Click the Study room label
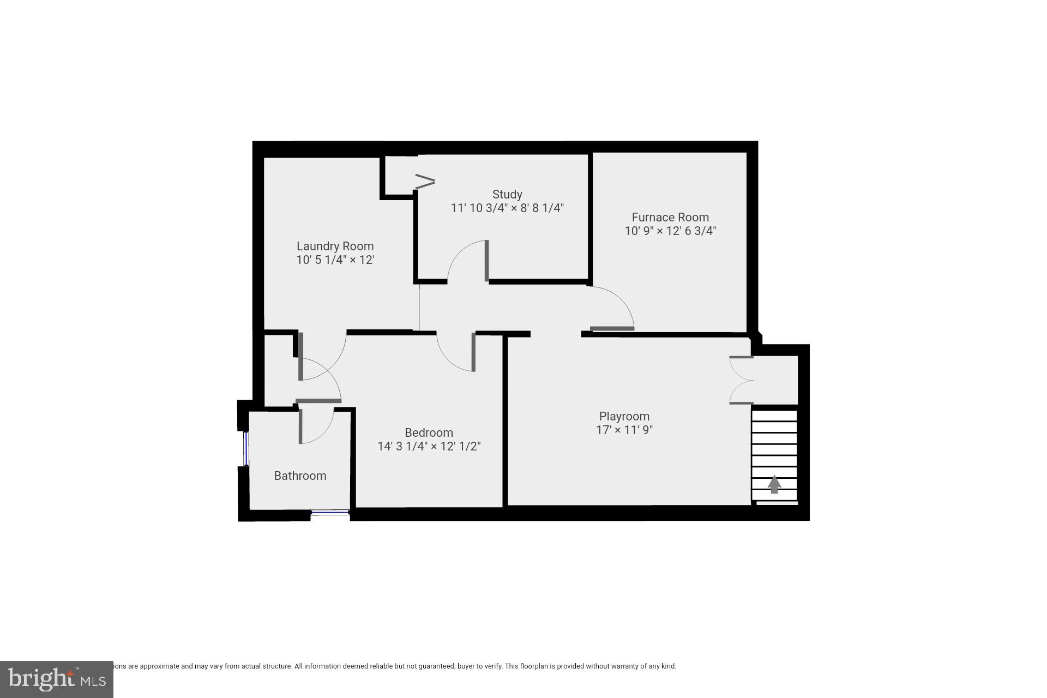click(x=507, y=194)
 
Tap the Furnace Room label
click(x=670, y=217)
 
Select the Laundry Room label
click(x=335, y=246)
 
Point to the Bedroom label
click(x=429, y=432)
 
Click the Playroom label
click(x=624, y=416)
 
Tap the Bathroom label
click(x=300, y=476)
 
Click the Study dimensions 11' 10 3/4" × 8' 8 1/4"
click(x=507, y=208)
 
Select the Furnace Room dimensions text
click(x=670, y=231)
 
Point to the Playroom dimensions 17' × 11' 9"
click(x=624, y=430)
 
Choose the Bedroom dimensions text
click(x=429, y=447)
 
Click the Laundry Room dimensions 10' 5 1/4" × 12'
click(x=335, y=260)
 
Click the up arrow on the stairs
click(x=774, y=484)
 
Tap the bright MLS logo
click(x=56, y=679)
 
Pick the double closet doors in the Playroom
click(x=741, y=381)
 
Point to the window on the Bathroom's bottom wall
click(x=330, y=512)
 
